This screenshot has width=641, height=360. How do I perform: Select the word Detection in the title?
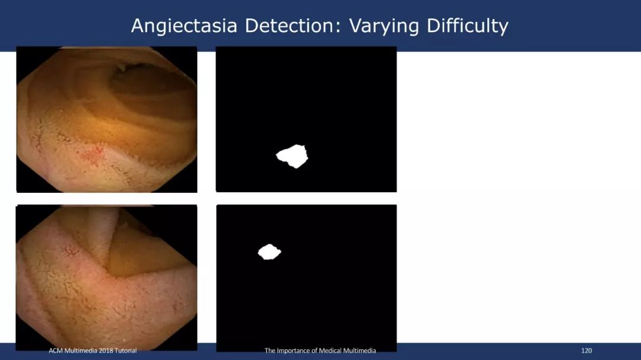tap(292, 26)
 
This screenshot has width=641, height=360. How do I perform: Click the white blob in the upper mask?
tap(292, 156)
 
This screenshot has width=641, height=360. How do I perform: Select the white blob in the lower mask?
tap(269, 251)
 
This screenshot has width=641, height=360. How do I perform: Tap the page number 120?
tap(586, 351)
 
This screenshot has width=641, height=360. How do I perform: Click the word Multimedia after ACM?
tap(80, 351)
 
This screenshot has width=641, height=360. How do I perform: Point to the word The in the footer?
tap(270, 351)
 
